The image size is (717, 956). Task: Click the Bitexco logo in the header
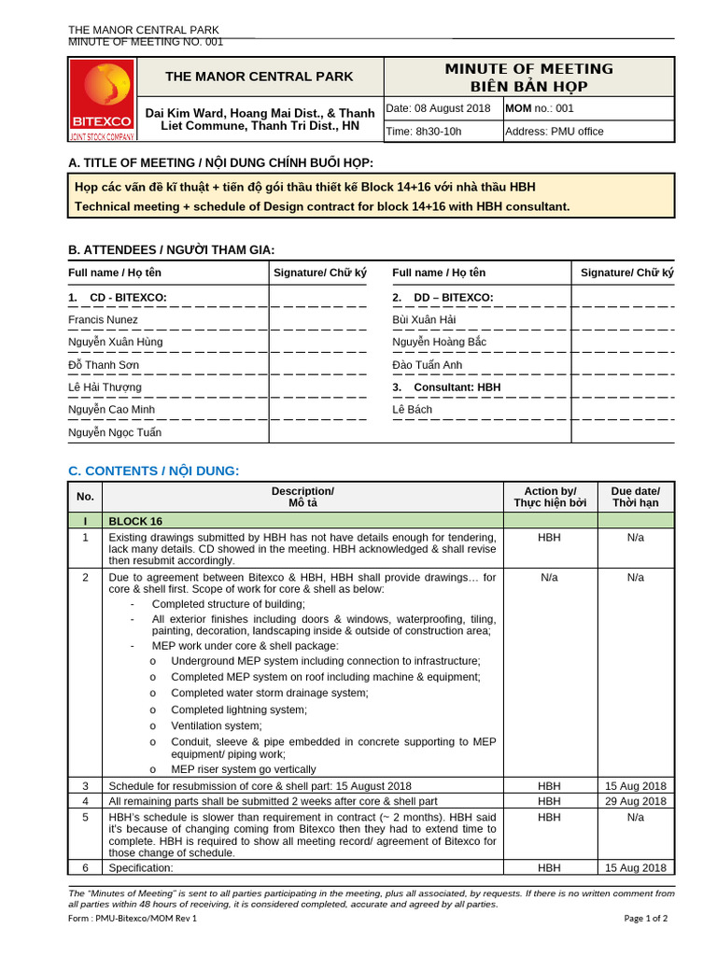click(102, 99)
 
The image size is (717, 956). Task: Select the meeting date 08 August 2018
click(438, 108)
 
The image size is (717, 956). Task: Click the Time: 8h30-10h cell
click(424, 132)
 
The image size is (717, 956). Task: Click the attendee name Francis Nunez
click(103, 320)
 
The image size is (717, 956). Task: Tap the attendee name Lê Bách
click(413, 410)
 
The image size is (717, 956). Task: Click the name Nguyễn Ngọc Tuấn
click(115, 432)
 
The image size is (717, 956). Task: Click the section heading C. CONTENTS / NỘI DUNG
click(154, 471)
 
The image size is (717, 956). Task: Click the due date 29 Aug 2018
click(636, 801)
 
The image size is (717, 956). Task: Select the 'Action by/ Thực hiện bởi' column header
click(550, 497)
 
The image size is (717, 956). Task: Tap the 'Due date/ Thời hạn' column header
click(636, 497)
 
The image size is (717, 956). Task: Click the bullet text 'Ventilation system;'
click(217, 725)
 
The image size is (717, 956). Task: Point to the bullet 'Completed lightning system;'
click(239, 710)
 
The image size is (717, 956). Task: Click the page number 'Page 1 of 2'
click(646, 918)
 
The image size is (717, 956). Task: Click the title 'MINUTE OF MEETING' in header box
click(528, 69)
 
